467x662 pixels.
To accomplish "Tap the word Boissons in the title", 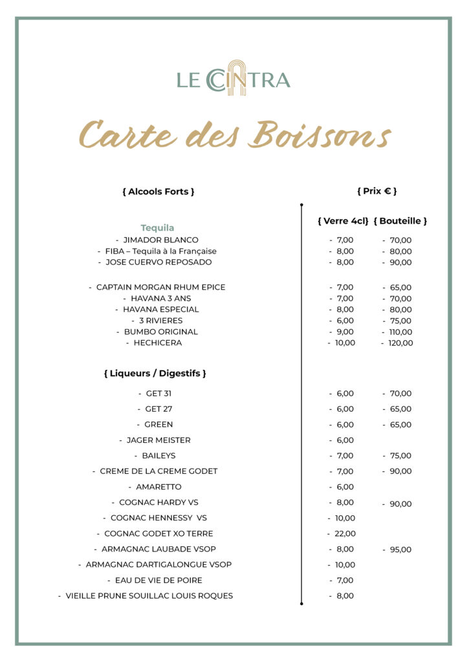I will [321, 135].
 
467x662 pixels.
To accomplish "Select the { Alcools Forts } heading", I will [158, 191].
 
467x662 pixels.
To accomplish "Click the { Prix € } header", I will [376, 191].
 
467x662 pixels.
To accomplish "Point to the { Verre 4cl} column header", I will [343, 221].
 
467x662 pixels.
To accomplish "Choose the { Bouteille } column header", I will [400, 221].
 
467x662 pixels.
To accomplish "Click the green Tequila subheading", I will [157, 228].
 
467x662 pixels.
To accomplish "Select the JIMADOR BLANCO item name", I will [160, 240].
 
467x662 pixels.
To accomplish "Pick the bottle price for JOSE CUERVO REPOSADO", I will [400, 262].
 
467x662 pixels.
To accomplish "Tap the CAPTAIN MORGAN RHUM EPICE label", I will [160, 287].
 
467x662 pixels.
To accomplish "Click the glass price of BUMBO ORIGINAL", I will [345, 332].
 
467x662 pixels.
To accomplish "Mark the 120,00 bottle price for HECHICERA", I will [400, 343].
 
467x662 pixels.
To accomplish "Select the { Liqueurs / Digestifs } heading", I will [155, 374].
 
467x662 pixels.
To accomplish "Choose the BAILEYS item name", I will [158, 456].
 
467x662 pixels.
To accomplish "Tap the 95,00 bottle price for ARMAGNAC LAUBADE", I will [400, 550].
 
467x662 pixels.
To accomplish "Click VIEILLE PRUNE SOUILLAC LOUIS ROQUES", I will [149, 596].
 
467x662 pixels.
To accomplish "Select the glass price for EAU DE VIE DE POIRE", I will [345, 581].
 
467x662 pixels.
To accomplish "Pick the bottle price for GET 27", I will [400, 409].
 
